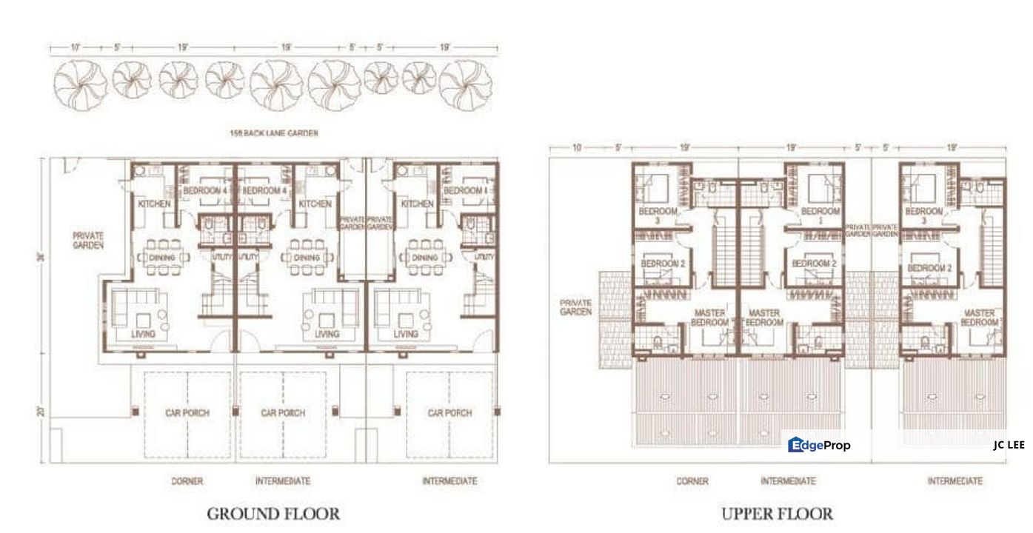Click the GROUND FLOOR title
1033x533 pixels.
(x=273, y=513)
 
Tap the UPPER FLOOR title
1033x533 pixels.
(x=777, y=513)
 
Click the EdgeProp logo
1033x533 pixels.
(x=820, y=445)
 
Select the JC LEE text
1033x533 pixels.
(x=1009, y=445)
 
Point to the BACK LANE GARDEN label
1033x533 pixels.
(x=275, y=134)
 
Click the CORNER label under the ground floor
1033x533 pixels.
(x=187, y=481)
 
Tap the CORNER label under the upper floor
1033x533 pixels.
(x=692, y=481)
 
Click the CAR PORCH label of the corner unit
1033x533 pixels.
(x=187, y=413)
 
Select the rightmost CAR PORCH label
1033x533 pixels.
(x=449, y=413)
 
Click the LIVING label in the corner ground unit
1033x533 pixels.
(x=144, y=334)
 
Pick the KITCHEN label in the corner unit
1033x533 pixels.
(x=154, y=204)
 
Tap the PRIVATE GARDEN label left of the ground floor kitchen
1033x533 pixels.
(x=88, y=240)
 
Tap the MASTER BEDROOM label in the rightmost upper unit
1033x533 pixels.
(x=979, y=318)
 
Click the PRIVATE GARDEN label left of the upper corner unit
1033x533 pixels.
(x=575, y=307)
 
